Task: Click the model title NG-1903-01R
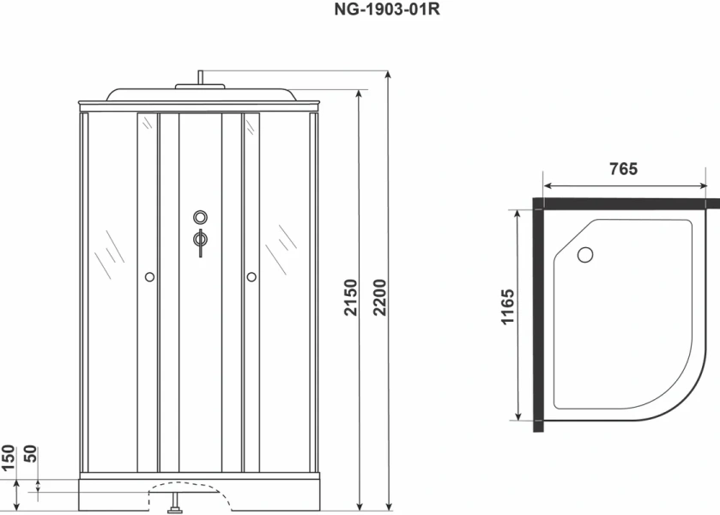tap(387, 9)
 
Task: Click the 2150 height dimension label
tap(350, 297)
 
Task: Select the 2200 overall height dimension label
tap(380, 297)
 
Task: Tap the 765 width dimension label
tap(624, 169)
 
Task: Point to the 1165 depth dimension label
tap(507, 307)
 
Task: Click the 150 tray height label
tap(8, 458)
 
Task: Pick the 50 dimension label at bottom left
tap(30, 454)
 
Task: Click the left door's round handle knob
tap(149, 277)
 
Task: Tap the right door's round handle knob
tap(251, 277)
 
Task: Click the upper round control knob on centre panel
tap(200, 217)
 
